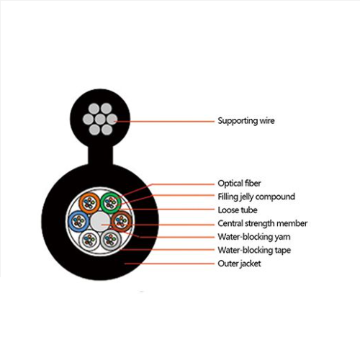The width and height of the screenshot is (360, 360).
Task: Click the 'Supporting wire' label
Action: [246, 121]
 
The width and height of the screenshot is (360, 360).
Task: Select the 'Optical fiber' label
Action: [239, 184]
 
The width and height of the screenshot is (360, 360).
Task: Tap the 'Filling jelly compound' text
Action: [256, 197]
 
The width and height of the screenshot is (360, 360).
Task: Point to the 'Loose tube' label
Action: [238, 210]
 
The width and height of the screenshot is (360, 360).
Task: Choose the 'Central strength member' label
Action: [263, 223]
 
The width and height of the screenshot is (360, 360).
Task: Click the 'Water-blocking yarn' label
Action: [254, 237]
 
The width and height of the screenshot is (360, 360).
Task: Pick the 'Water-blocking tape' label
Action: [254, 250]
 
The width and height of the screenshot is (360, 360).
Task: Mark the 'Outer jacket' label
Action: [239, 264]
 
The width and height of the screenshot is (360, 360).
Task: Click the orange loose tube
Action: [89, 203]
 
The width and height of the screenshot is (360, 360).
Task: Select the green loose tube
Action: [111, 203]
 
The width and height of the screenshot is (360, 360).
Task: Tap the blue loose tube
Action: [78, 221]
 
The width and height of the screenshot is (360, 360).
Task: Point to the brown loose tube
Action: [122, 221]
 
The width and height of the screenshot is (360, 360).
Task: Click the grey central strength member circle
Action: [100, 221]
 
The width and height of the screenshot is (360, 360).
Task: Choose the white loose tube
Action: [89, 240]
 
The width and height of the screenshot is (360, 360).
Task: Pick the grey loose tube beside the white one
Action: [111, 240]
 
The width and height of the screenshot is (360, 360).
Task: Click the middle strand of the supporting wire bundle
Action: [100, 119]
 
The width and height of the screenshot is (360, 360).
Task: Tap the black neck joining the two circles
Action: [100, 156]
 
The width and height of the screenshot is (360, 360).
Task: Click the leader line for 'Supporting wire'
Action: [165, 122]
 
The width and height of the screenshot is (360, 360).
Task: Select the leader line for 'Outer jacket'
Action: [169, 264]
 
